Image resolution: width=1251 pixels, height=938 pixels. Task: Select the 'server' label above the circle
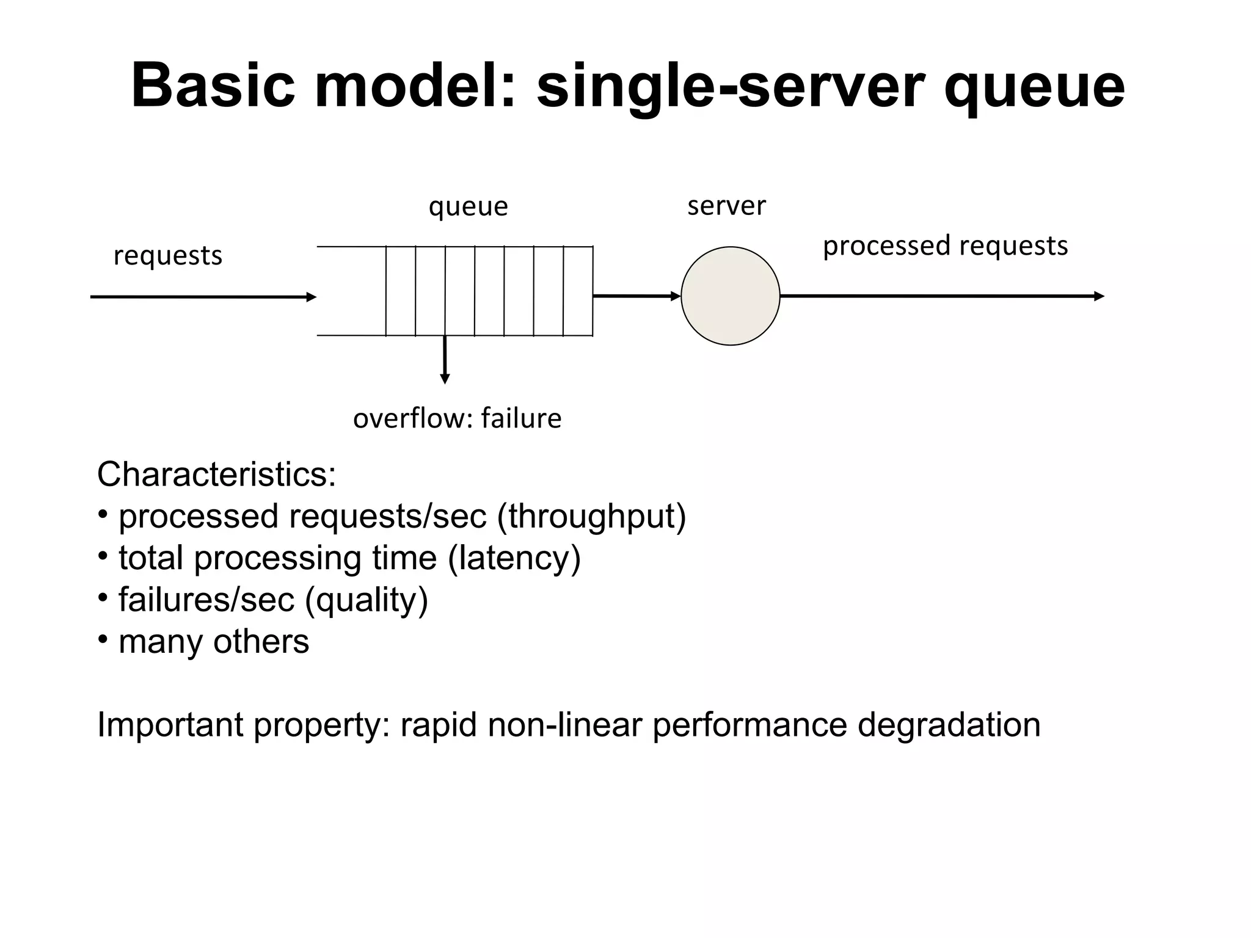(x=726, y=206)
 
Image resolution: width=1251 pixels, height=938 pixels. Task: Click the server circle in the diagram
(x=730, y=296)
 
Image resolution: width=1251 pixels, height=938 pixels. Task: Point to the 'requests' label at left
(x=167, y=256)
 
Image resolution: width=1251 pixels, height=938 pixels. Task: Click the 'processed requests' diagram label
(x=945, y=246)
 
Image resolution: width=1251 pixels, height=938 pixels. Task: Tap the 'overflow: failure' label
(x=457, y=419)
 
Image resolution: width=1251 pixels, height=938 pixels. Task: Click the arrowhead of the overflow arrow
(x=445, y=379)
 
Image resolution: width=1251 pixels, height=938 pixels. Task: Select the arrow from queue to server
(x=635, y=296)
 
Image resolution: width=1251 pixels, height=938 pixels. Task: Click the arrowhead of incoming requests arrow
(x=312, y=297)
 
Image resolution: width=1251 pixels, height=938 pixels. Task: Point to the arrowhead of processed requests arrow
(x=1100, y=297)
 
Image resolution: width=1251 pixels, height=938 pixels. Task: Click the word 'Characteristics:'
(x=216, y=474)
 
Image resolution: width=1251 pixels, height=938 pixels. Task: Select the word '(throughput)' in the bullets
(x=591, y=517)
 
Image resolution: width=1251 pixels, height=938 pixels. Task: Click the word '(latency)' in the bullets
(x=514, y=558)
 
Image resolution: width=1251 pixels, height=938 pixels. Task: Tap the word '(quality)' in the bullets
(x=366, y=600)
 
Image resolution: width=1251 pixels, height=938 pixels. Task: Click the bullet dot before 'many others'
(x=103, y=640)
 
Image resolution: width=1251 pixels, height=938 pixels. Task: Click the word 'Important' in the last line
(x=170, y=725)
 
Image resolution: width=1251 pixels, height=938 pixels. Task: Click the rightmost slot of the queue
(x=578, y=291)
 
